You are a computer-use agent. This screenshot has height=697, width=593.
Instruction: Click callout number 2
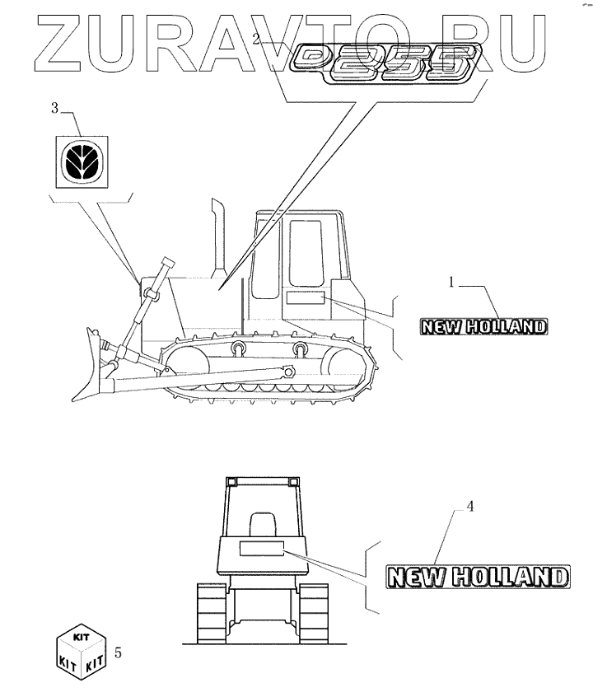pos(257,39)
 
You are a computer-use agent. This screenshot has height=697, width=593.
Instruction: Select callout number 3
pos(55,108)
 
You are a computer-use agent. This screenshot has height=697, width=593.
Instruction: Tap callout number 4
pos(469,508)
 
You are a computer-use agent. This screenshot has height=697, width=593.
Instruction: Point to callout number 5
pos(119,653)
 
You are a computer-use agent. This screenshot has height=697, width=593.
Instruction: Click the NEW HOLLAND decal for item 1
pos(482,327)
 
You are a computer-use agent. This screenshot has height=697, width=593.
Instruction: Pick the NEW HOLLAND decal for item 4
pos(478,576)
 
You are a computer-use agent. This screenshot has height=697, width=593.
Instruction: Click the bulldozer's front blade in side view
pos(89,367)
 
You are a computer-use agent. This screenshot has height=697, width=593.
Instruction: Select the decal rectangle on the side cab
pos(306,297)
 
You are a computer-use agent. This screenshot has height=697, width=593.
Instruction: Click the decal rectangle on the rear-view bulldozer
pos(259,549)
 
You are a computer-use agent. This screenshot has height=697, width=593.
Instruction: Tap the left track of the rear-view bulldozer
pos(209,614)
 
